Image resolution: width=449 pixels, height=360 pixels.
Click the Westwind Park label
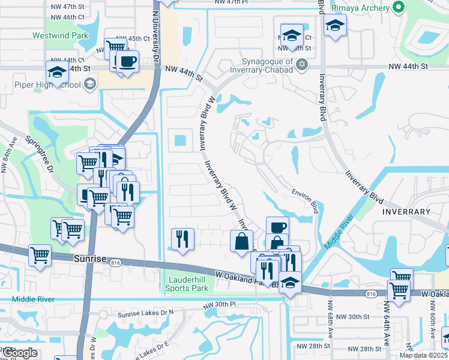[60, 35]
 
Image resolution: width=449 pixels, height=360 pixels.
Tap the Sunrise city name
[90, 259]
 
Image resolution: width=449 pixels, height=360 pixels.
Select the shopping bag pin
[241, 241]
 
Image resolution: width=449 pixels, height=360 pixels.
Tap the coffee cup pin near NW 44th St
[127, 62]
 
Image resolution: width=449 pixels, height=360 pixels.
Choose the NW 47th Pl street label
[231, 2]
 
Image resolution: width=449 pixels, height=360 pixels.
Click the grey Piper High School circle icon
[90, 83]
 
